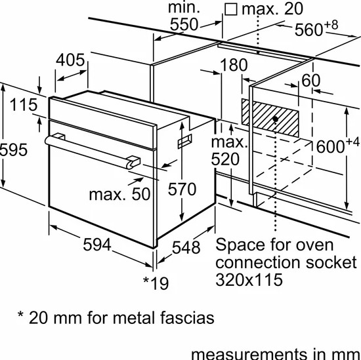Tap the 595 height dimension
[13, 150]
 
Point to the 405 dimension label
[70, 60]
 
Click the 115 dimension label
[23, 104]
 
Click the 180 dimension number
[233, 65]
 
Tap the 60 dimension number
[311, 81]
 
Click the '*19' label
[156, 283]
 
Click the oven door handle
[92, 150]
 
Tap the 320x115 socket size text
[250, 280]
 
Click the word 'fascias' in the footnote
[182, 319]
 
